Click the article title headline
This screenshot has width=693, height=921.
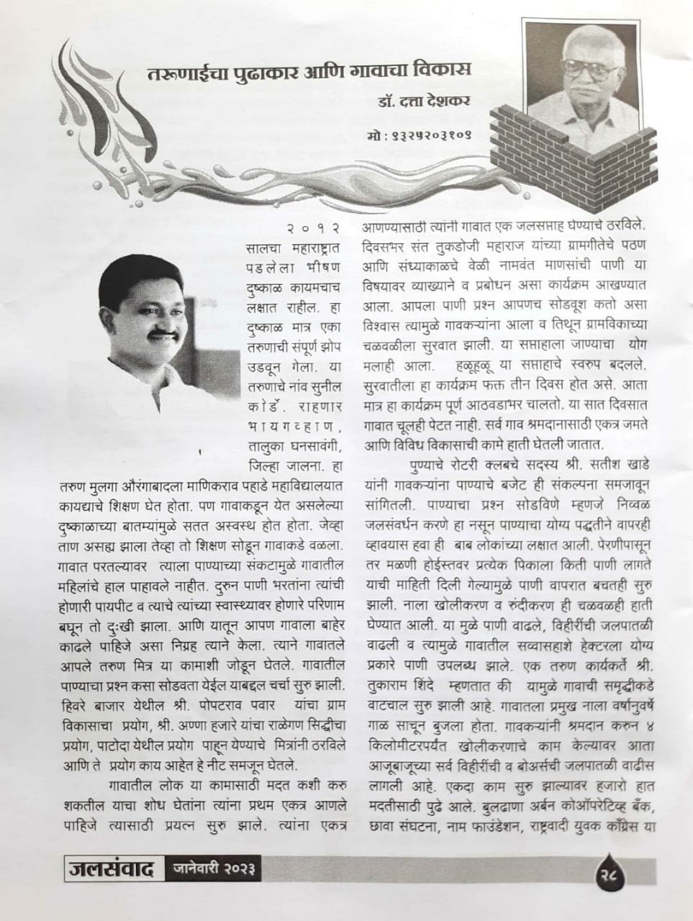point(309,72)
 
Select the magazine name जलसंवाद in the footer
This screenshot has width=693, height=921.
point(110,869)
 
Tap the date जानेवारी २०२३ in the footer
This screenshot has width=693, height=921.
point(215,869)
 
